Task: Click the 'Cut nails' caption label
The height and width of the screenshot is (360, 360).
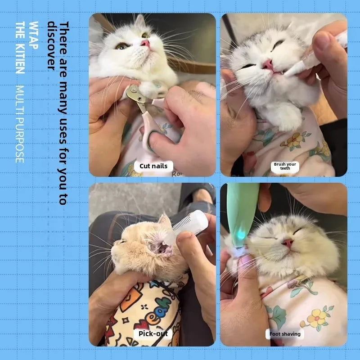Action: pyautogui.click(x=153, y=166)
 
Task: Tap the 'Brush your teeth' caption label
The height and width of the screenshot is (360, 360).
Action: pyautogui.click(x=285, y=166)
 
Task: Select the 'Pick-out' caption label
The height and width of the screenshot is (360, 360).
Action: pyautogui.click(x=153, y=334)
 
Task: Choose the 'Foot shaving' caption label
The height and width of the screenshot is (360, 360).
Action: pyautogui.click(x=284, y=334)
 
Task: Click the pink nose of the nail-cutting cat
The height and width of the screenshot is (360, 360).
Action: pyautogui.click(x=145, y=43)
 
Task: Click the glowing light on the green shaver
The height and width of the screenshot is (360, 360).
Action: pyautogui.click(x=241, y=234)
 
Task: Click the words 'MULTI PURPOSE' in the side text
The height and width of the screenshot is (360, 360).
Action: pyautogui.click(x=20, y=124)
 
